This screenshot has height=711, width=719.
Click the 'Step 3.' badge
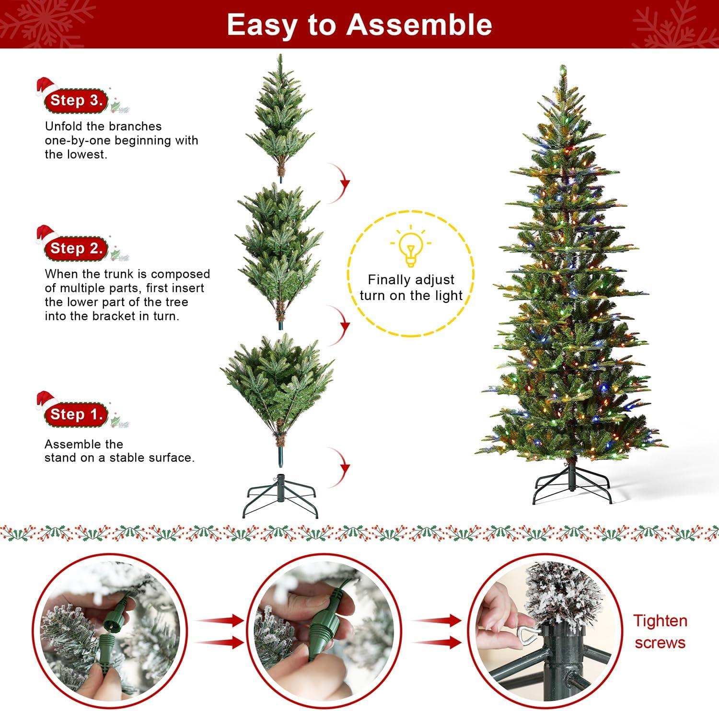tap(76, 100)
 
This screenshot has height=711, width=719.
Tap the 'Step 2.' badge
tap(76, 248)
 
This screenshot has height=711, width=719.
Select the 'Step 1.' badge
tap(76, 414)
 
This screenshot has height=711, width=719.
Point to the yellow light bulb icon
tap(410, 247)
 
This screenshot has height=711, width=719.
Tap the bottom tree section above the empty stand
tap(277, 383)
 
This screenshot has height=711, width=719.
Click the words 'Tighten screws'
tap(660, 631)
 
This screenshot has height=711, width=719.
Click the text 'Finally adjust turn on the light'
tap(411, 287)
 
